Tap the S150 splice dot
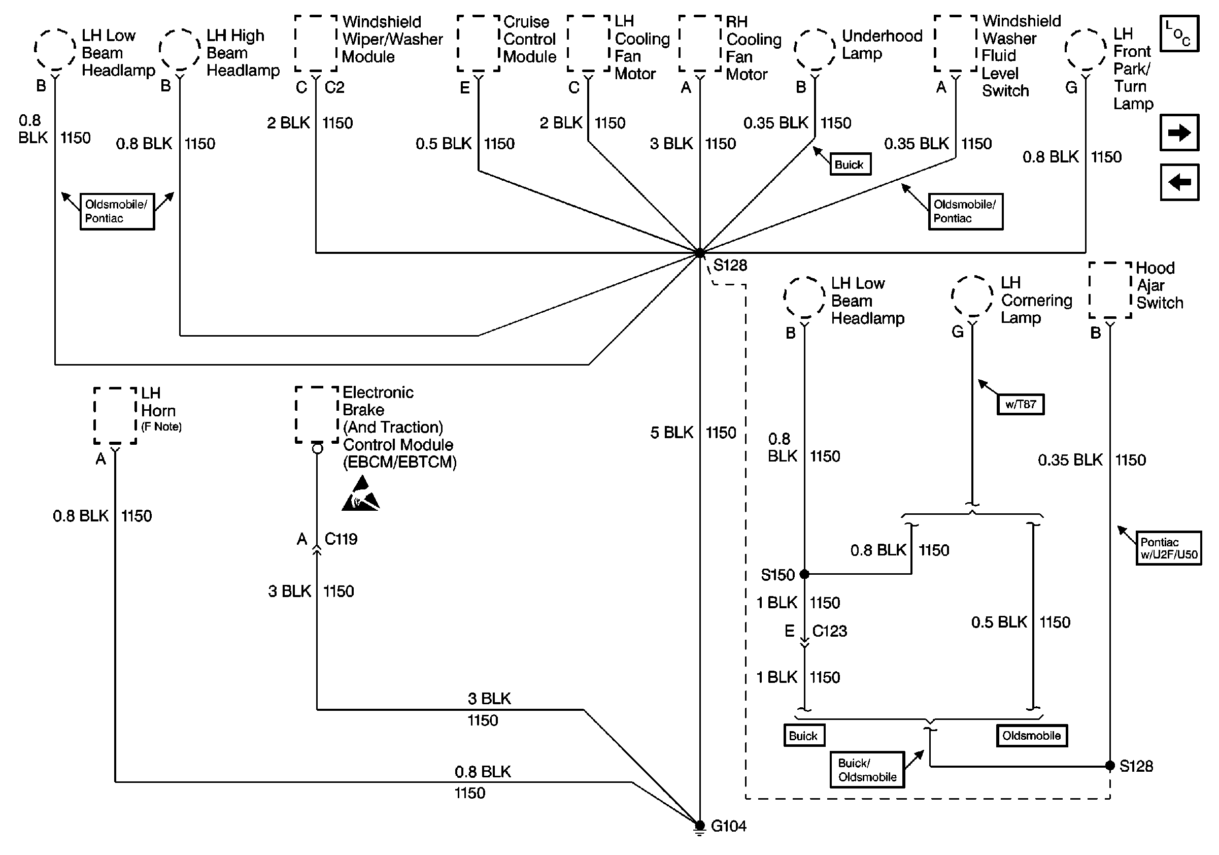[804, 574]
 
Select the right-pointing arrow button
[1179, 133]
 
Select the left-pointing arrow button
[1179, 182]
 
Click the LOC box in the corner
[1179, 34]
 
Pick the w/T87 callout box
[1021, 404]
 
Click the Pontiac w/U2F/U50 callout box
[1168, 548]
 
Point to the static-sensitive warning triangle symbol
[360, 495]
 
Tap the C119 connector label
[341, 539]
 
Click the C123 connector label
[829, 631]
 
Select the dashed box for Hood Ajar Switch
[1110, 290]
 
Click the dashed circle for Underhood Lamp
[815, 49]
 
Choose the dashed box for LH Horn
[115, 416]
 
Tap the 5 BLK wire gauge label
[671, 432]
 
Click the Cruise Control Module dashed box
[479, 43]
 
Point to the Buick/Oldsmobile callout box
[867, 770]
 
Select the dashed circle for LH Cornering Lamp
[972, 297]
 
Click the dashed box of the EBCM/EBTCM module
[317, 415]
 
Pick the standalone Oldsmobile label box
[1031, 736]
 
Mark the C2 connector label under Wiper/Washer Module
[334, 87]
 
